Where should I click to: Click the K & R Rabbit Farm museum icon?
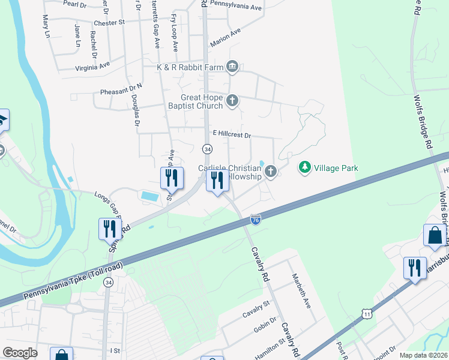(233, 67)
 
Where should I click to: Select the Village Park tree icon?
(306, 167)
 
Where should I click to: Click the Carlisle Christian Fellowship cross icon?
(271, 172)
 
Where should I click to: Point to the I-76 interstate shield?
(256, 220)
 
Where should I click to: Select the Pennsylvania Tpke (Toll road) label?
(71, 281)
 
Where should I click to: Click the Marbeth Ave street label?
(301, 291)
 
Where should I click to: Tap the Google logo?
(20, 353)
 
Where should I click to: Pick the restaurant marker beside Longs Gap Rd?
(109, 229)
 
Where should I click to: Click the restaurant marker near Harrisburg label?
(414, 268)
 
